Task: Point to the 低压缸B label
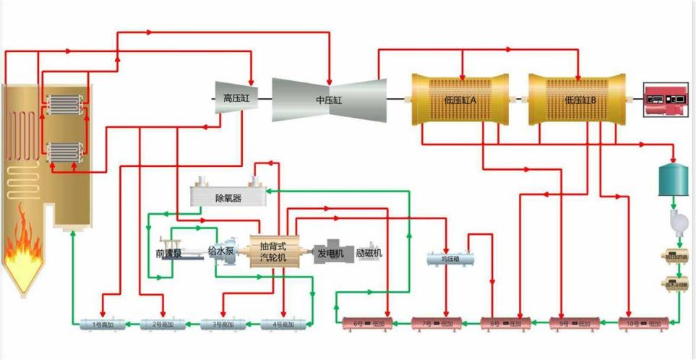tap(579, 100)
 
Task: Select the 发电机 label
tap(332, 253)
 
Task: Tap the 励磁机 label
tap(369, 253)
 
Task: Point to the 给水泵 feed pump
tap(220, 252)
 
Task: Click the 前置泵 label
tap(168, 254)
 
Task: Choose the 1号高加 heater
tap(102, 324)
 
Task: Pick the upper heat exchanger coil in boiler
tap(66, 105)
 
